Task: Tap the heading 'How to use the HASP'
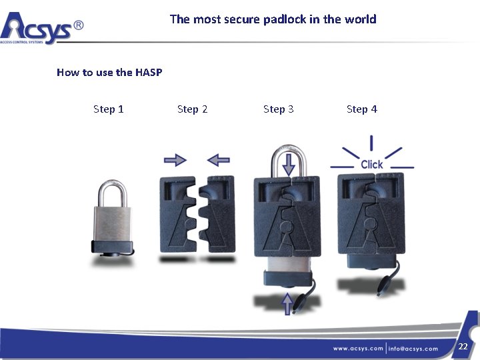109,72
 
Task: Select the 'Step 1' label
109,109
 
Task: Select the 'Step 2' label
192,109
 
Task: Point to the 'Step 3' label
278,109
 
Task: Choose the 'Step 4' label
361,109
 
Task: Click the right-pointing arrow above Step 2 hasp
175,160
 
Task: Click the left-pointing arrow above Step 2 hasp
219,160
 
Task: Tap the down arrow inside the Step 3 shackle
288,164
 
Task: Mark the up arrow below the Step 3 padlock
287,304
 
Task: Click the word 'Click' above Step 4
371,164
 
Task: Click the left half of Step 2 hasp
177,213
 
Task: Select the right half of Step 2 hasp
218,213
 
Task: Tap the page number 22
463,347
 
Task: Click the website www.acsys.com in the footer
359,348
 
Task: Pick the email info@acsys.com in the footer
413,348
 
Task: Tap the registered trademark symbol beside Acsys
78,25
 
